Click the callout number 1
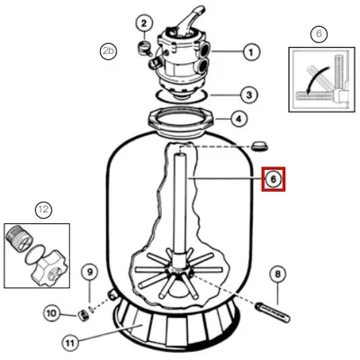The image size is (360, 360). (x=251, y=52)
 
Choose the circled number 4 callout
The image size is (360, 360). (x=238, y=117)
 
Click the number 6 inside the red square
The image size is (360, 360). (x=273, y=180)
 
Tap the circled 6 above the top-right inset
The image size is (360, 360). (x=318, y=34)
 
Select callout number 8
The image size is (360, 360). (x=277, y=274)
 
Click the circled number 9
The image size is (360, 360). (x=89, y=272)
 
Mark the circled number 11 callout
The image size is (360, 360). (x=71, y=342)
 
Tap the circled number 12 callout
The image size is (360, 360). (x=42, y=209)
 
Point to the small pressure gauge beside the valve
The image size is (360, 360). (x=142, y=44)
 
